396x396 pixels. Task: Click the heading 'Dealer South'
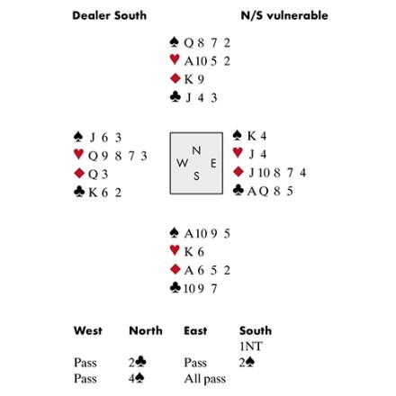point(110,15)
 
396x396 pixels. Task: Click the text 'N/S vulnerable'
point(284,15)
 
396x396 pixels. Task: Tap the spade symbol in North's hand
point(175,42)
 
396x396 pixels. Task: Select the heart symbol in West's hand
point(78,154)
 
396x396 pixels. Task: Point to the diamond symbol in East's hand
point(238,172)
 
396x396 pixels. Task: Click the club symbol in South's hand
point(175,287)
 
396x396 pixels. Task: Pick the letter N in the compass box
point(196,150)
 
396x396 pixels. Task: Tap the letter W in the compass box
point(183,163)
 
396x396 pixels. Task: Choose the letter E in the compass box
point(213,164)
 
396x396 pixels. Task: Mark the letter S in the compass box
point(196,176)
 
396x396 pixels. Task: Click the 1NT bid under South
point(251,346)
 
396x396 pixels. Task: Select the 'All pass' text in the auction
point(205,379)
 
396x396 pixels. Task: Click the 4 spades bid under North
point(137,378)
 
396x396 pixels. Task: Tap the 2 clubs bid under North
point(138,362)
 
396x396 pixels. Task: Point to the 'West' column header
point(88,330)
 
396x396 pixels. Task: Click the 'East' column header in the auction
point(195,330)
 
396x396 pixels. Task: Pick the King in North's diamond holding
point(188,79)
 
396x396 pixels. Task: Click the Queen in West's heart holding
point(93,157)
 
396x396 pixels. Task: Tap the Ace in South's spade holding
point(189,234)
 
